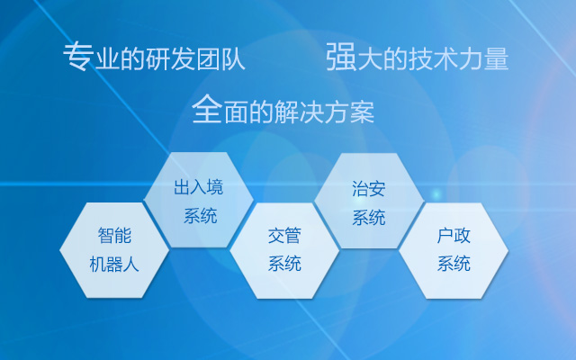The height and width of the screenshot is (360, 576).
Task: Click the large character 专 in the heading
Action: point(77,58)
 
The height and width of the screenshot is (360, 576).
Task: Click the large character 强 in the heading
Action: point(340,58)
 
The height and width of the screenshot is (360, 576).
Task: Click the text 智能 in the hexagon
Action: point(114,237)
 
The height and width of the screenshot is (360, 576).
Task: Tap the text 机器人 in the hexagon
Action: point(114,265)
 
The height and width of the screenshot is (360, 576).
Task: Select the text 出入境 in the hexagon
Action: point(199,187)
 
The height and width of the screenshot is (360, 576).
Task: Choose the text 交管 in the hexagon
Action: point(284,236)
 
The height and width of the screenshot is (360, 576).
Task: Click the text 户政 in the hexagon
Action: point(454,236)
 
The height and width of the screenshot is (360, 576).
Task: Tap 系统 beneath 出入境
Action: point(199,216)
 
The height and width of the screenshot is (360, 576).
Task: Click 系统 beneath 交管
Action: point(284,264)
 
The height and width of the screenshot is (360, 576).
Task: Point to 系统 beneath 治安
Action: point(369,217)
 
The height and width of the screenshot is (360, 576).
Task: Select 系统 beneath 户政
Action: point(454,264)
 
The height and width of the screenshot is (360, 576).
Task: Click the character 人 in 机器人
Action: point(131,265)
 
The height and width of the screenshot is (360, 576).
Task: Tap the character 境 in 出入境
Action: point(215,187)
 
